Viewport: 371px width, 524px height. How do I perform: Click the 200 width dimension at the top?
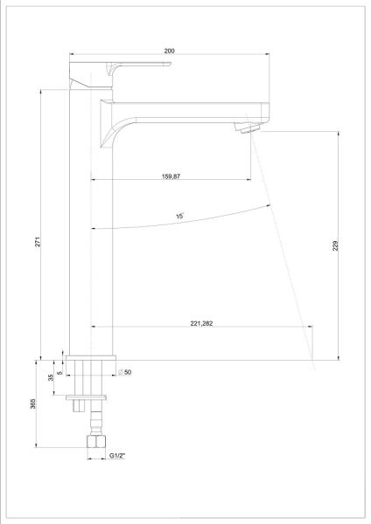tap(169, 51)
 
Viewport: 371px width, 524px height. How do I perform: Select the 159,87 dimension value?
tap(171, 176)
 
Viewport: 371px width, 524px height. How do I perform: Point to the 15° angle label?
tap(179, 216)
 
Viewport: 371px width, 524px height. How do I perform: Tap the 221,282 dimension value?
tap(201, 323)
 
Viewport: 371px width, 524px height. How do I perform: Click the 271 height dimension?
tap(38, 242)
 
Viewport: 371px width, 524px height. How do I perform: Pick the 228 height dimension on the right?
tap(336, 245)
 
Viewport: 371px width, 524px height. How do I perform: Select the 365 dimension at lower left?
tap(33, 403)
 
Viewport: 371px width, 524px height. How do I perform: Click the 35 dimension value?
tap(51, 377)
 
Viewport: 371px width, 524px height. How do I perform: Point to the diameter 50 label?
tap(124, 372)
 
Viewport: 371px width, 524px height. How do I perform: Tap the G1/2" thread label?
tap(117, 456)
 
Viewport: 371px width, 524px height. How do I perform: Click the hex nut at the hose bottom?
tap(96, 441)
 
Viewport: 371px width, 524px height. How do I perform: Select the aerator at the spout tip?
tap(247, 128)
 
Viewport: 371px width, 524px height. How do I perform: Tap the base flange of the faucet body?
tap(91, 358)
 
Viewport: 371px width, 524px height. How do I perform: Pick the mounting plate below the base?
tap(86, 397)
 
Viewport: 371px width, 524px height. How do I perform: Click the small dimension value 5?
tap(60, 372)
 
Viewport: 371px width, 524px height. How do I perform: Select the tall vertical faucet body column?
tap(91, 222)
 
